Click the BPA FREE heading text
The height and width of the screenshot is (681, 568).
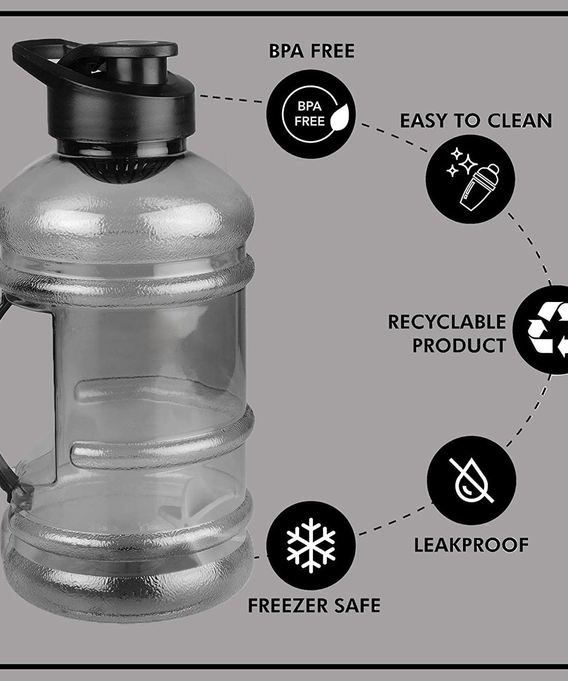tap(311, 51)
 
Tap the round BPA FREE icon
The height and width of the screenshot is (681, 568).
tap(311, 113)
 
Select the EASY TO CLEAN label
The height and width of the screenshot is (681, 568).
tap(476, 121)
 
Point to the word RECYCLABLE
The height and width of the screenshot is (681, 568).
tap(447, 322)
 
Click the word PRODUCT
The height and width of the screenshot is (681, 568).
tap(459, 345)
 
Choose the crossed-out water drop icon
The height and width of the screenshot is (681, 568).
tap(471, 480)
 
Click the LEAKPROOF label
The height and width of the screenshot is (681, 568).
tap(471, 545)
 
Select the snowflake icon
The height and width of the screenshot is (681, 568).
tap(311, 545)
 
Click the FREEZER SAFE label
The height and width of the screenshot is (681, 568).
tap(314, 606)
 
